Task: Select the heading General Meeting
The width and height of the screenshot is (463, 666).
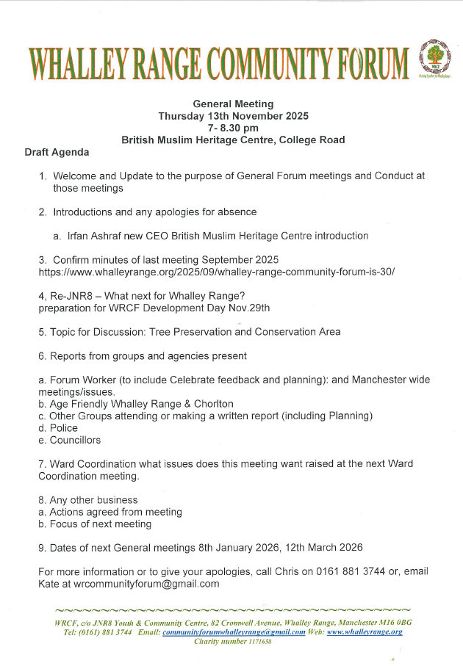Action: [x=232, y=104]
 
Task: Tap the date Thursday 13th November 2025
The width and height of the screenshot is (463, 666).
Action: [x=233, y=116]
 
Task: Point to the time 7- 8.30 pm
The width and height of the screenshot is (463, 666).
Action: [x=232, y=128]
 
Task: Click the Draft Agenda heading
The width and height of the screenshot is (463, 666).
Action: [x=57, y=152]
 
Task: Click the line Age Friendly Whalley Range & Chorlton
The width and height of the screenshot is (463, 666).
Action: [x=136, y=404]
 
